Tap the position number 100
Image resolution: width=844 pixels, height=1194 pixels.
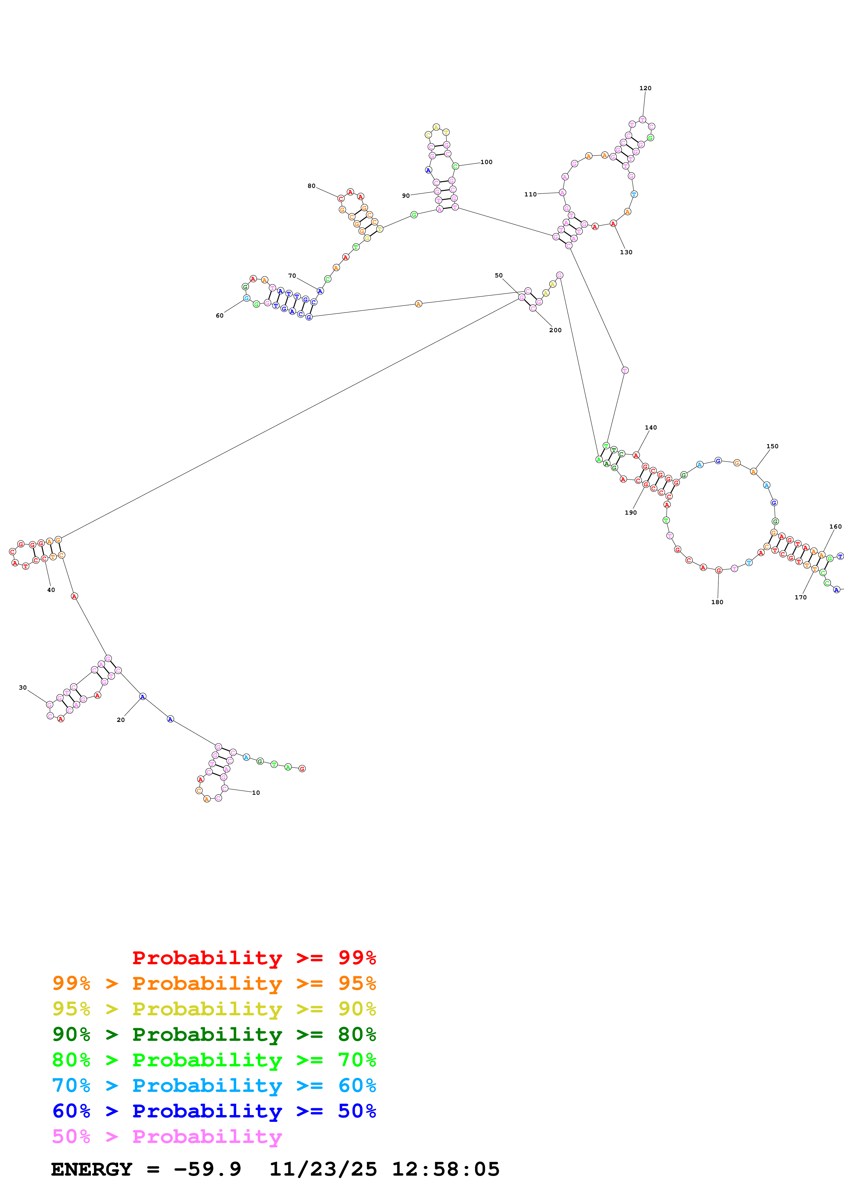pyautogui.click(x=486, y=162)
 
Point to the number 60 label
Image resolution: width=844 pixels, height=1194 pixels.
pyautogui.click(x=220, y=316)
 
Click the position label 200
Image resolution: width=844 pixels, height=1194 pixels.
pyautogui.click(x=555, y=330)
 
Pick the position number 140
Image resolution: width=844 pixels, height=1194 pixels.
pyautogui.click(x=651, y=428)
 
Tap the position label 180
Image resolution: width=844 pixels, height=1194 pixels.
pyautogui.click(x=717, y=602)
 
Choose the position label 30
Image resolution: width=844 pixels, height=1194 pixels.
pyautogui.click(x=23, y=688)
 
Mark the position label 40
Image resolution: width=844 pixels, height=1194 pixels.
pyautogui.click(x=51, y=590)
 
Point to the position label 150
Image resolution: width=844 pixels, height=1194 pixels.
pyautogui.click(x=772, y=446)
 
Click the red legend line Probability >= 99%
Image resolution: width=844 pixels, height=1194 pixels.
pyautogui.click(x=254, y=957)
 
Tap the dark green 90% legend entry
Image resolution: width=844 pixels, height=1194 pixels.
pyautogui.click(x=214, y=1034)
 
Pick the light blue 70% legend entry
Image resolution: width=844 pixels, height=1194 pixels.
pyautogui.click(x=214, y=1085)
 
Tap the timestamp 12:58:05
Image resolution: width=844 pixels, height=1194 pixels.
pyautogui.click(x=446, y=1169)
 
